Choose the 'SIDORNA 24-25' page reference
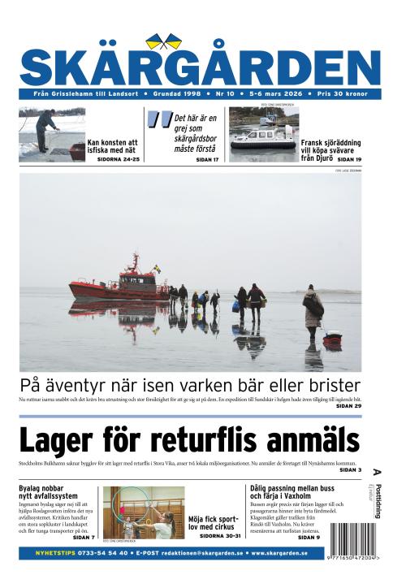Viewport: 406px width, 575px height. (x=119, y=159)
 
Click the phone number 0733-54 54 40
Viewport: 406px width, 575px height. (x=95, y=552)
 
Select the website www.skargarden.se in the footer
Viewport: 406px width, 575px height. (x=279, y=552)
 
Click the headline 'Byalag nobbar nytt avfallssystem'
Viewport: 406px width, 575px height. (x=49, y=491)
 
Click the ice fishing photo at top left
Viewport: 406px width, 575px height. (x=50, y=134)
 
